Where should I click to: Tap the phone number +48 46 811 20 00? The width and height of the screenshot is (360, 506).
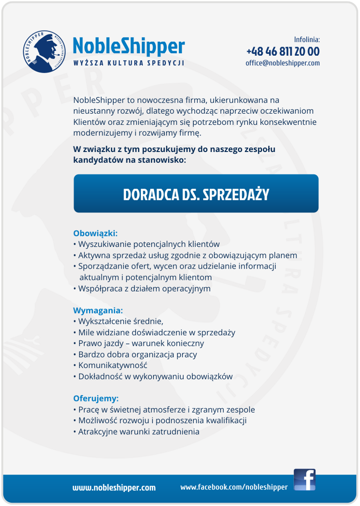coord(283,51)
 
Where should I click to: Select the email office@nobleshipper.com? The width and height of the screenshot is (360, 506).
coord(283,63)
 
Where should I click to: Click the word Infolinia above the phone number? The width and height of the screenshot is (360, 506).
coord(307,40)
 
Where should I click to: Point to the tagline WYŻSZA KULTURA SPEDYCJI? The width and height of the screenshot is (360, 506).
coord(128,63)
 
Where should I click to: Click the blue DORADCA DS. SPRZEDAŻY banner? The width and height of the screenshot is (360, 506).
coord(196,194)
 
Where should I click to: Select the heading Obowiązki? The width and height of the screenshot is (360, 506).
coord(95,233)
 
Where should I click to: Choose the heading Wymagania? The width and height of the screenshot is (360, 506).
coord(98,310)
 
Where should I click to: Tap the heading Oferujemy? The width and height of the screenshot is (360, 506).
coord(96,399)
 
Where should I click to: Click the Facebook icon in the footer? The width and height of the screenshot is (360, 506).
coord(304,479)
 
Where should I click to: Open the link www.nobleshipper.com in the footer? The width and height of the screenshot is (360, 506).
coord(114,488)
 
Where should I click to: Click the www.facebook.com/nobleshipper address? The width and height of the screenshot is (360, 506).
coord(234,487)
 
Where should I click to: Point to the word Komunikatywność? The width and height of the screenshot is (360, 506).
coord(112,365)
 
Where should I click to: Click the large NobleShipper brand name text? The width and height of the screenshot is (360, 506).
coord(129,46)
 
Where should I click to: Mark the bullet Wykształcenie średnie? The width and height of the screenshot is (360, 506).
coord(121,321)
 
